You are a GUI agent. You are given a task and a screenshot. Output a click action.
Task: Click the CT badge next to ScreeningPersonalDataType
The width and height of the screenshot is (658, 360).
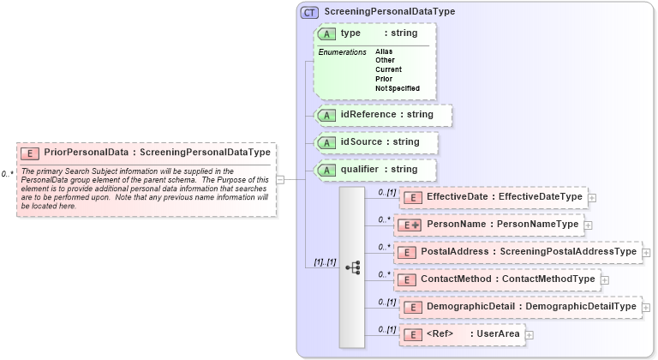(309, 12)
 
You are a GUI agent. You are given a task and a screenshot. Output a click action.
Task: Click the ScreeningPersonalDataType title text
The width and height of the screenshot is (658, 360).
(389, 12)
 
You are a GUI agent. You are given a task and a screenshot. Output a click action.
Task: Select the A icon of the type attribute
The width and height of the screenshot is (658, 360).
(326, 33)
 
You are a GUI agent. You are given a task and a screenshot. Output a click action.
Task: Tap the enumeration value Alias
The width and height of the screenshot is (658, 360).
(384, 51)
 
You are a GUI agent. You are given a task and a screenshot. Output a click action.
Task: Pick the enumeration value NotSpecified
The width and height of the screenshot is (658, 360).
(397, 88)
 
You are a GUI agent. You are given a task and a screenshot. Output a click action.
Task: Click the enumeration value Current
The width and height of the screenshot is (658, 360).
(388, 69)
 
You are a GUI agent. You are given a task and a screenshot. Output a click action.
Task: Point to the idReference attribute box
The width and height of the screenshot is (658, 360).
(382, 114)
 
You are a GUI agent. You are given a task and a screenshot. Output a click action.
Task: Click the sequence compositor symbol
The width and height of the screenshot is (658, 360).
(352, 267)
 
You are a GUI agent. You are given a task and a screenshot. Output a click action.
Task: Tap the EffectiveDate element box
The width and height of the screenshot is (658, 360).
(493, 197)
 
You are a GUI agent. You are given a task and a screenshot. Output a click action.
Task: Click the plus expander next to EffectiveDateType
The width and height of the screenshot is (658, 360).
(592, 197)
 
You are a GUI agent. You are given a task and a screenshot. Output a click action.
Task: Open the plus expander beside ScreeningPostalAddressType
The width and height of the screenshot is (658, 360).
(646, 252)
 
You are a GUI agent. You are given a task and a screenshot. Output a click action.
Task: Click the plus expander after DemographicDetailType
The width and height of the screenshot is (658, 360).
(646, 307)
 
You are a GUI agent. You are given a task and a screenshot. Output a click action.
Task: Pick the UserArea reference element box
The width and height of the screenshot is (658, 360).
(463, 334)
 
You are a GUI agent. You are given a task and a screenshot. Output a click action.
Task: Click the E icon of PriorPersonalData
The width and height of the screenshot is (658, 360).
(30, 153)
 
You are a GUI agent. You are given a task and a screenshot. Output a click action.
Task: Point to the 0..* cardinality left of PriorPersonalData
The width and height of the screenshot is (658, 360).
(7, 174)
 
